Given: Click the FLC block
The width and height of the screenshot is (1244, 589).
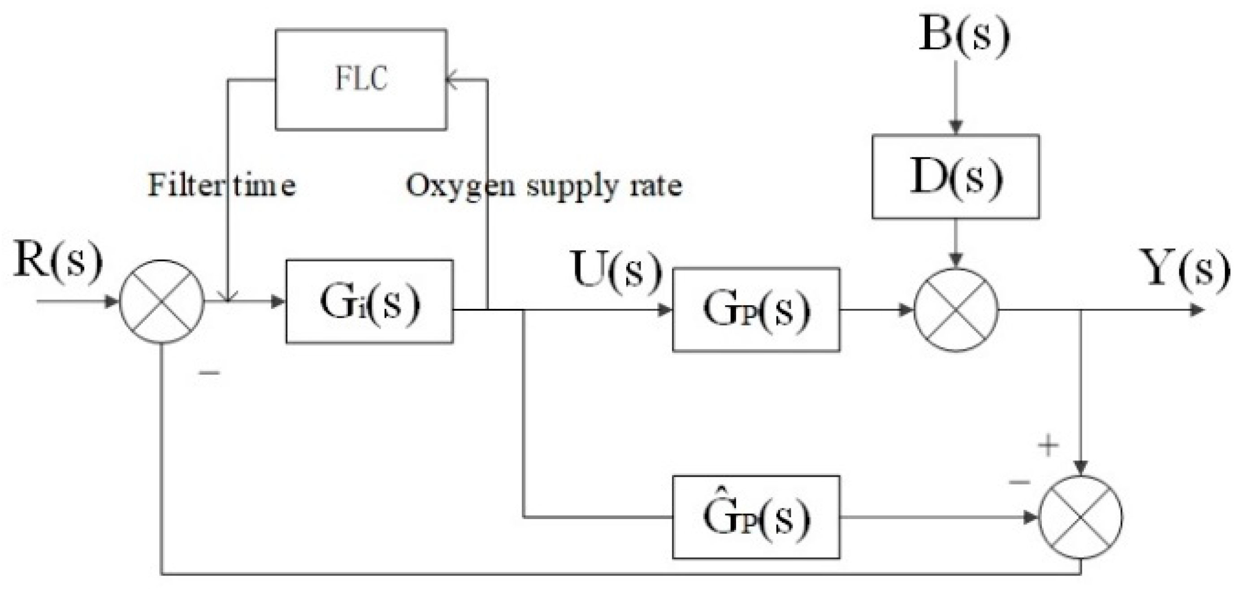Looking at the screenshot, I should tap(361, 80).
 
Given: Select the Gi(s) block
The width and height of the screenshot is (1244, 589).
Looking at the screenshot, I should tap(369, 302).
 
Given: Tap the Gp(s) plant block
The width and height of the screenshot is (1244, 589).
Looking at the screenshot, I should tap(756, 309).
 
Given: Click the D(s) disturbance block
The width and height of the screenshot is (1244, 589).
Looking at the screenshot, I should tap(955, 177).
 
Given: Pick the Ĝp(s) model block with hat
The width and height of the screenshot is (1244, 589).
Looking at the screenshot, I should tap(756, 517).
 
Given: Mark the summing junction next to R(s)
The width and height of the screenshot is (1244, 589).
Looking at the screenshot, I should tap(162, 302).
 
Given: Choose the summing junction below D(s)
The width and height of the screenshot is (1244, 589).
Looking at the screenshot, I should tap(956, 310).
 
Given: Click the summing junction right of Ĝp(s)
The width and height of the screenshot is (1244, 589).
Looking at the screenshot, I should tap(1080, 517).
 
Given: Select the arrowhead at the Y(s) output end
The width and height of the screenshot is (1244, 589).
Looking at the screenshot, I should tap(1196, 310).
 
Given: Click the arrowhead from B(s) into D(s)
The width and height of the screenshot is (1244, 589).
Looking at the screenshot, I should tap(956, 126).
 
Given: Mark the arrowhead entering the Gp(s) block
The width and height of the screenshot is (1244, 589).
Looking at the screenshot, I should tap(665, 310).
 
